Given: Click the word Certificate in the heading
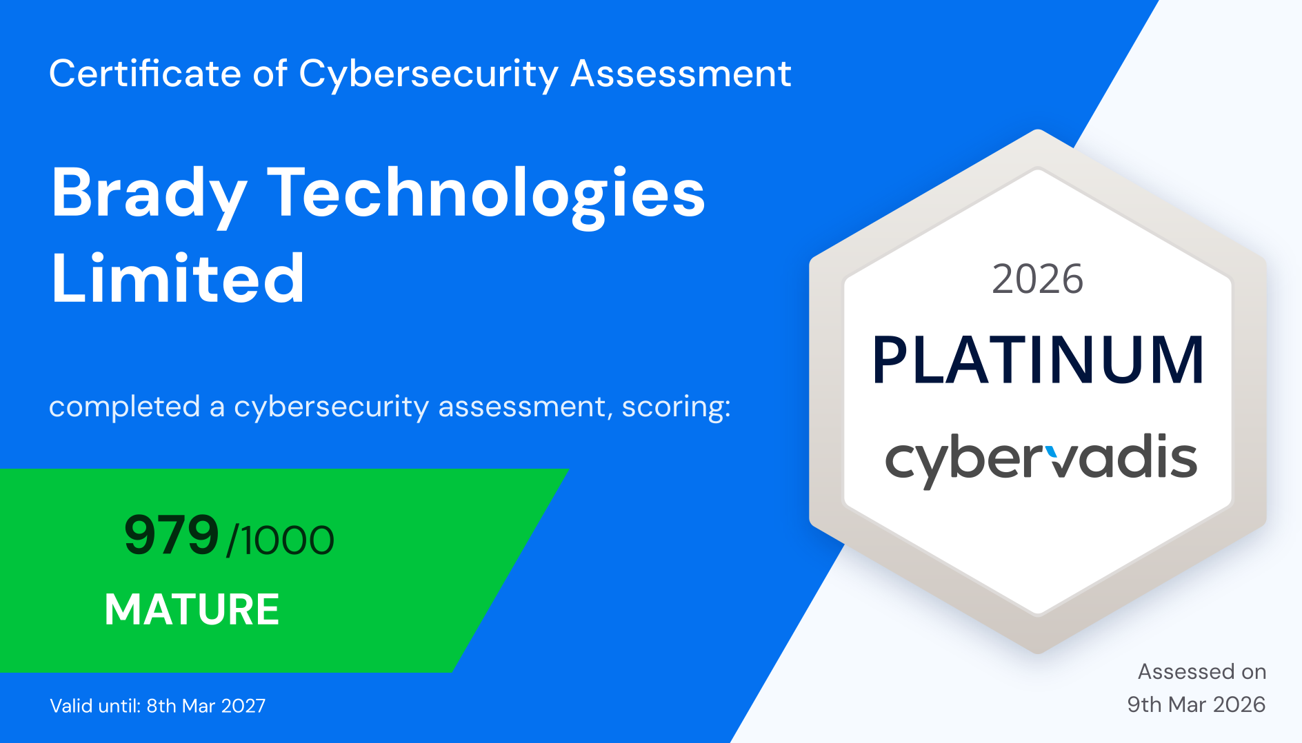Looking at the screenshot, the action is click(x=145, y=73).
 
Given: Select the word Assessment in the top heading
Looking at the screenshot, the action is click(x=681, y=73).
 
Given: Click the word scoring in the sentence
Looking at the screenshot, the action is click(x=676, y=407).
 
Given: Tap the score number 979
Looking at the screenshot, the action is click(x=171, y=536).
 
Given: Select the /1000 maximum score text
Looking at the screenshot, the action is click(x=280, y=540).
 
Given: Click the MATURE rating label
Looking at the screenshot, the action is click(x=192, y=609).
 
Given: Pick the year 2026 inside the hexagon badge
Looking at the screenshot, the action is click(x=1037, y=279).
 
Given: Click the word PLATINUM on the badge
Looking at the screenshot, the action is click(x=1038, y=360).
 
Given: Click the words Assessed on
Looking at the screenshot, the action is click(x=1202, y=671).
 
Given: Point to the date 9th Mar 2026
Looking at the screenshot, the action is click(x=1196, y=704).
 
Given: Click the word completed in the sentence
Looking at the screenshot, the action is click(x=125, y=407).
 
